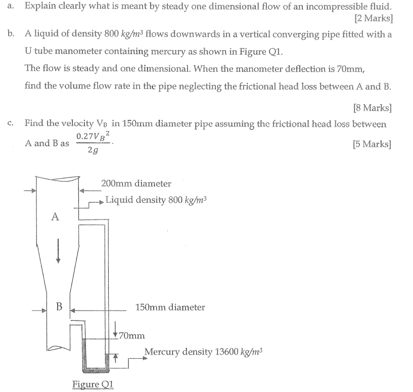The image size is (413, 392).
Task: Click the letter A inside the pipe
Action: [x=56, y=217]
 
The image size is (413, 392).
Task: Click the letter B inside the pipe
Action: [x=59, y=307]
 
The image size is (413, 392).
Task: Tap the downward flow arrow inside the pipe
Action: [x=59, y=251]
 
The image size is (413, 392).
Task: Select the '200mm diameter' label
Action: [x=136, y=184]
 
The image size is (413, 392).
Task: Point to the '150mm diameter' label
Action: [x=170, y=307]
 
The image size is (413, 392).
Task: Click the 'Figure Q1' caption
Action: [x=93, y=384]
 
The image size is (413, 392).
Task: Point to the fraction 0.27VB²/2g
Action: [x=94, y=143]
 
